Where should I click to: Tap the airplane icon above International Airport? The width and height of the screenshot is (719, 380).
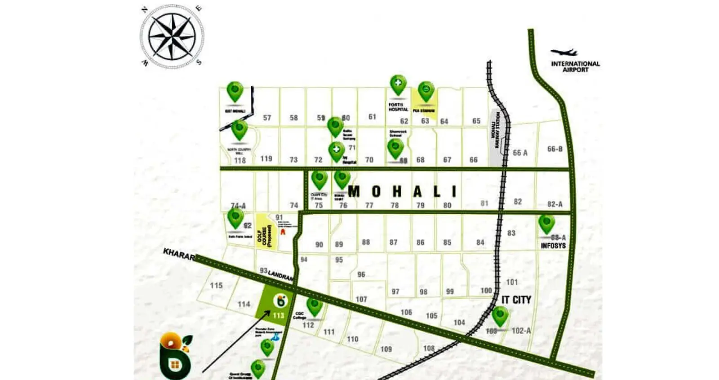[564, 53]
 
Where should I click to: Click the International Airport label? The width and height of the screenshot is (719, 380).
[575, 66]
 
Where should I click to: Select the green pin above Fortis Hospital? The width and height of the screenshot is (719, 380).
[398, 84]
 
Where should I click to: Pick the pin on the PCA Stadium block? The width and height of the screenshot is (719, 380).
[426, 91]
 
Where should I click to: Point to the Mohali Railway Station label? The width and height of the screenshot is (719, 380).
[495, 131]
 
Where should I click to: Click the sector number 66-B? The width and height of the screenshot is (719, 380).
[555, 149]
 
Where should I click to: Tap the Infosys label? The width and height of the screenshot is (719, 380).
[553, 246]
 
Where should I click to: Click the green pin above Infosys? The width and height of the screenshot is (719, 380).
[546, 223]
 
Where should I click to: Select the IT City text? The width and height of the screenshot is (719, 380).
[516, 300]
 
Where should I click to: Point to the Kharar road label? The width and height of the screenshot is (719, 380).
[178, 254]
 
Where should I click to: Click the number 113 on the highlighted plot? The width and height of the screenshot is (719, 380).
[278, 315]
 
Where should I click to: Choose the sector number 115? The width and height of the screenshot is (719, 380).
[216, 285]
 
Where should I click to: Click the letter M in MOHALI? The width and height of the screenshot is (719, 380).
[354, 191]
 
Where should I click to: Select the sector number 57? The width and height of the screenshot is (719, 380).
[267, 118]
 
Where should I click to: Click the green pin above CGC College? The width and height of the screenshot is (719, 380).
[314, 306]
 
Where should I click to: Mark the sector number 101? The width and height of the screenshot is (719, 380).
[512, 282]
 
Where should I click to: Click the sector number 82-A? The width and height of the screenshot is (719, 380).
[555, 204]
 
